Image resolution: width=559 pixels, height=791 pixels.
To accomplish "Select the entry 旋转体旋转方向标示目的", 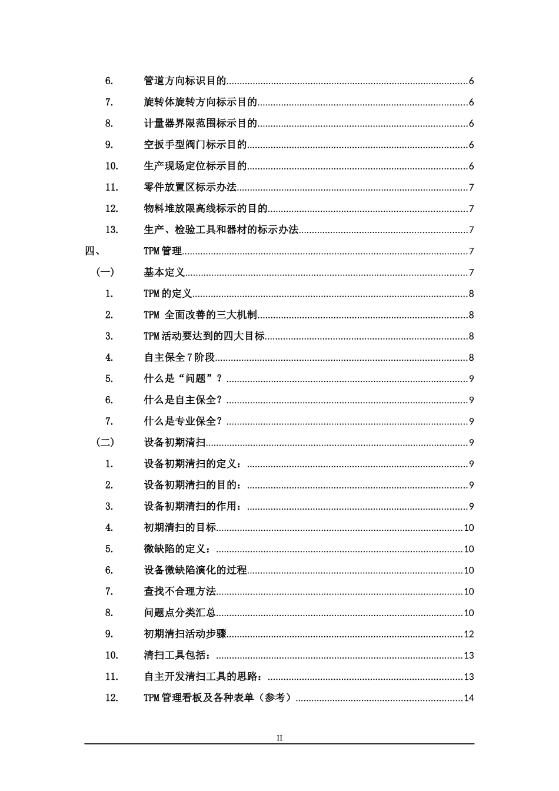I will pos(201,102).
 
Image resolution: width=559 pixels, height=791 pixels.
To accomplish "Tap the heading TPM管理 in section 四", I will pos(163,251).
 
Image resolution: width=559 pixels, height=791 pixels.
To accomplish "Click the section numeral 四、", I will pos(94,251).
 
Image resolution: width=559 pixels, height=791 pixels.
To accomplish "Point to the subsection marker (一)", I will pos(105,272).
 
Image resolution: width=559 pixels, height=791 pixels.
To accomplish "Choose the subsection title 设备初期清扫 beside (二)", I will pos(175,443).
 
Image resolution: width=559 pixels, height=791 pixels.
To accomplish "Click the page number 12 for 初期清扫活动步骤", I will pos(469,634).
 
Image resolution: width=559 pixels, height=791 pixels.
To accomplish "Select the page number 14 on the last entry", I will pos(469,698).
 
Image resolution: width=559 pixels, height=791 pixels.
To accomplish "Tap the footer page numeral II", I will pos(279,738).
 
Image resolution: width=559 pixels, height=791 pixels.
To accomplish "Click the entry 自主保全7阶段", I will pos(180,357).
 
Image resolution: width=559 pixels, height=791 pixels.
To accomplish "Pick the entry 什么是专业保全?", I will pos(184,421).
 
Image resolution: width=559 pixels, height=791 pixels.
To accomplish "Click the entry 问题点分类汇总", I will pos(180,613).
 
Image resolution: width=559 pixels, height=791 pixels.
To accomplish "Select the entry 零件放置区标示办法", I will pos(190,188).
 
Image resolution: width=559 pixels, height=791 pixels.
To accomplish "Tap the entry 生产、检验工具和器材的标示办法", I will pos(221,230).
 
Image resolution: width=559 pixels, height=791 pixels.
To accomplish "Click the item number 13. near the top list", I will pos(112,230).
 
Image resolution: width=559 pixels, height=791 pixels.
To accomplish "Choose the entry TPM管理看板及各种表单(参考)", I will pos(218,698).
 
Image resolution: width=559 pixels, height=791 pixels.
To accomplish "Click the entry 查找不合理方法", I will pos(180,591).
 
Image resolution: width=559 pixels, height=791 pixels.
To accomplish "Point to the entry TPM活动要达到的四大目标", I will pos(204,336).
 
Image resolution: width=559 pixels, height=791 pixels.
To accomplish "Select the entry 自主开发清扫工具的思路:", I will pos(204,677).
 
